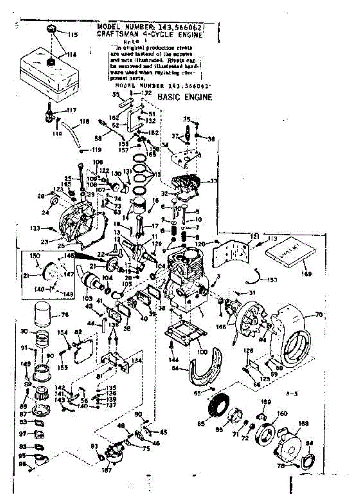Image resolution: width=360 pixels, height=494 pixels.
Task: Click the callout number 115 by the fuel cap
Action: [72, 35]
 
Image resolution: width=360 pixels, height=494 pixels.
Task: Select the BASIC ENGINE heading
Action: [185, 98]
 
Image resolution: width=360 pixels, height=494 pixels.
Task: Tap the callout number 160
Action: [282, 414]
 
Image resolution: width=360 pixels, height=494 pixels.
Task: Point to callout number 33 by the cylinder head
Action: [213, 181]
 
